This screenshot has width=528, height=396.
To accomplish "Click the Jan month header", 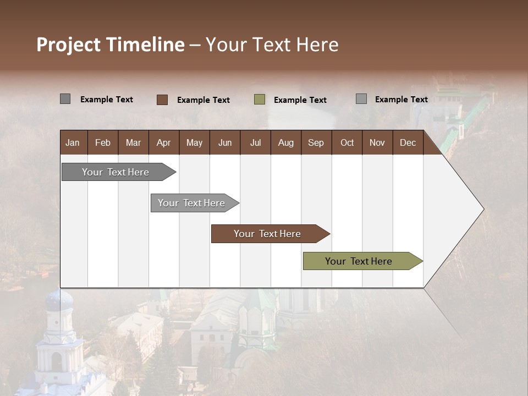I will [x=73, y=142].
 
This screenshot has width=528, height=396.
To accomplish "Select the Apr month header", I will [x=163, y=142].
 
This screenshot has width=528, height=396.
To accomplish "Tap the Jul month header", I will [x=255, y=142].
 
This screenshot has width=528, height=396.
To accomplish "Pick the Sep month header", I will [x=316, y=142].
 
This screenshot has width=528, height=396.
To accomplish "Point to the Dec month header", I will [x=408, y=142].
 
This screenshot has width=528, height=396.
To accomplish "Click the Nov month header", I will [x=377, y=142].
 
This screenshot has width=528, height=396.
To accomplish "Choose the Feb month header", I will [x=103, y=142].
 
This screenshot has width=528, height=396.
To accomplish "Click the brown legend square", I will [x=162, y=100].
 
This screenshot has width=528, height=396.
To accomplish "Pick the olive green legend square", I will [x=260, y=100].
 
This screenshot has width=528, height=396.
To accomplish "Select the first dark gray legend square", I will [x=65, y=99].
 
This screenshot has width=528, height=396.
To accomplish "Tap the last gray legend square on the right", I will [x=361, y=99].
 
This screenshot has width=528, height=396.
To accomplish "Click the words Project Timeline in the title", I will [x=111, y=45].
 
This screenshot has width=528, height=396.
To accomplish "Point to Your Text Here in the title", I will [x=272, y=45].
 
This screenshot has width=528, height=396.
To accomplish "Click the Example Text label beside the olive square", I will [x=300, y=100].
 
